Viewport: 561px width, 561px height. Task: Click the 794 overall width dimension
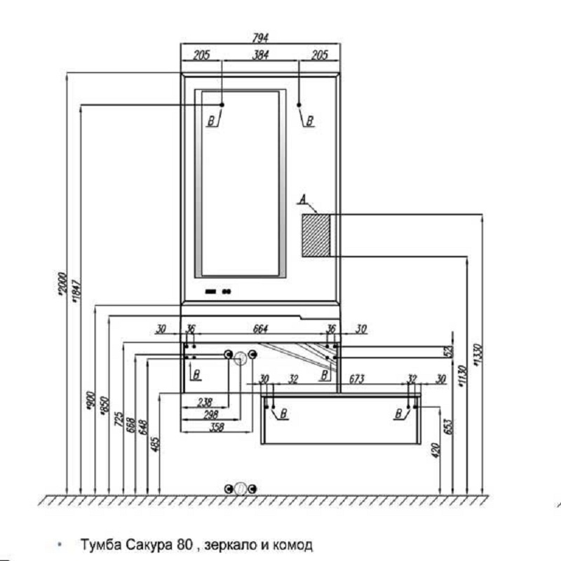(x=262, y=38)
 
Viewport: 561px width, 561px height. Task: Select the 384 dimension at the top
(x=262, y=55)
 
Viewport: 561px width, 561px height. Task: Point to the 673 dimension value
(x=356, y=379)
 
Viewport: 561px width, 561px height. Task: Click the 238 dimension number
(x=205, y=402)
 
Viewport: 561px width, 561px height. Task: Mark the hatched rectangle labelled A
(x=316, y=235)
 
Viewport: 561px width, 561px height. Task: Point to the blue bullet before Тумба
(x=61, y=543)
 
